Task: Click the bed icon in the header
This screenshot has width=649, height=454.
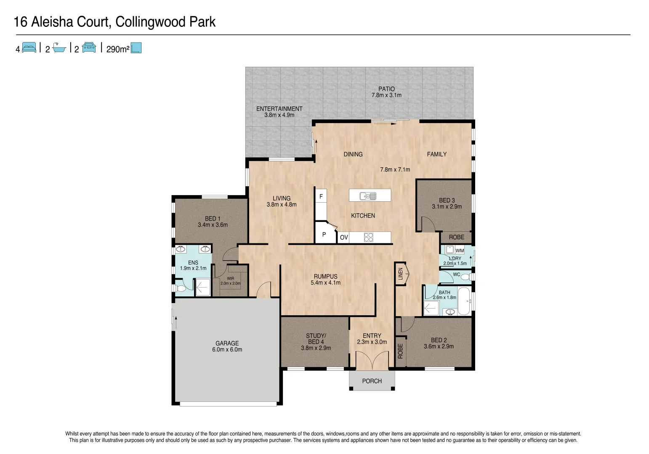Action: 29,48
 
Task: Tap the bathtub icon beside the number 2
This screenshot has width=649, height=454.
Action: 59,48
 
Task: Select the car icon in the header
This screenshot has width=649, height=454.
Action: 89,48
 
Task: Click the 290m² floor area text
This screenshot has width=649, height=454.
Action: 117,49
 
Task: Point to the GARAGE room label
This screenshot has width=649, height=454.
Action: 227,343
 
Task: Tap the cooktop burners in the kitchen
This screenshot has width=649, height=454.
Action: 368,238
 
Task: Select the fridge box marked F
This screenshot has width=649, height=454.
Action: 321,196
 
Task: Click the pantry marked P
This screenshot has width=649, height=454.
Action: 324,235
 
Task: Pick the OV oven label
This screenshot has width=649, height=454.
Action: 344,238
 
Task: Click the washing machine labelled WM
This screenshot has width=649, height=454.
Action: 460,251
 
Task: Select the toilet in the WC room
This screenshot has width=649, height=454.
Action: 465,277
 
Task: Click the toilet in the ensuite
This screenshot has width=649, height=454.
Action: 181,289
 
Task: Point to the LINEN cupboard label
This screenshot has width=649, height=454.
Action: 401,274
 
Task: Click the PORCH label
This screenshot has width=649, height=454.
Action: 372,381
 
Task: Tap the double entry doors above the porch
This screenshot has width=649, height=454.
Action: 372,361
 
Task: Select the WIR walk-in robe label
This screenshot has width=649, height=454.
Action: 230,278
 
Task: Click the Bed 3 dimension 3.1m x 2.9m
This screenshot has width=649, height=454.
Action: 447,206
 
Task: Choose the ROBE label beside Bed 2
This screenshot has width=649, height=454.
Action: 400,351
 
